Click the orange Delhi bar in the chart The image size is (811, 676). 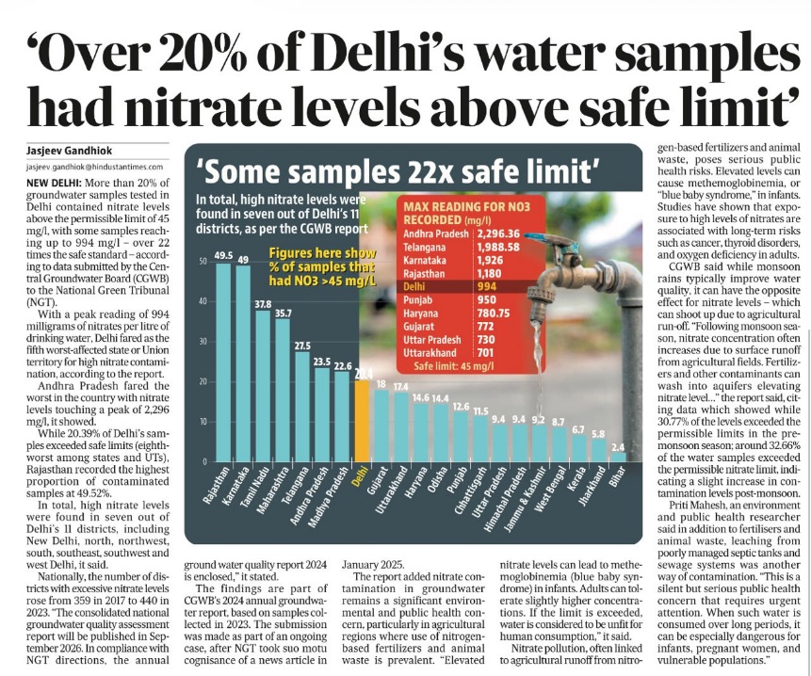click(x=363, y=421)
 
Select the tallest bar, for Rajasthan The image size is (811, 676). click(x=223, y=362)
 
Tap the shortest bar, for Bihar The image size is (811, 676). click(x=618, y=457)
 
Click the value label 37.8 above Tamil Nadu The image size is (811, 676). click(x=263, y=304)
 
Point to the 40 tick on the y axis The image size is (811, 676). click(x=203, y=301)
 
